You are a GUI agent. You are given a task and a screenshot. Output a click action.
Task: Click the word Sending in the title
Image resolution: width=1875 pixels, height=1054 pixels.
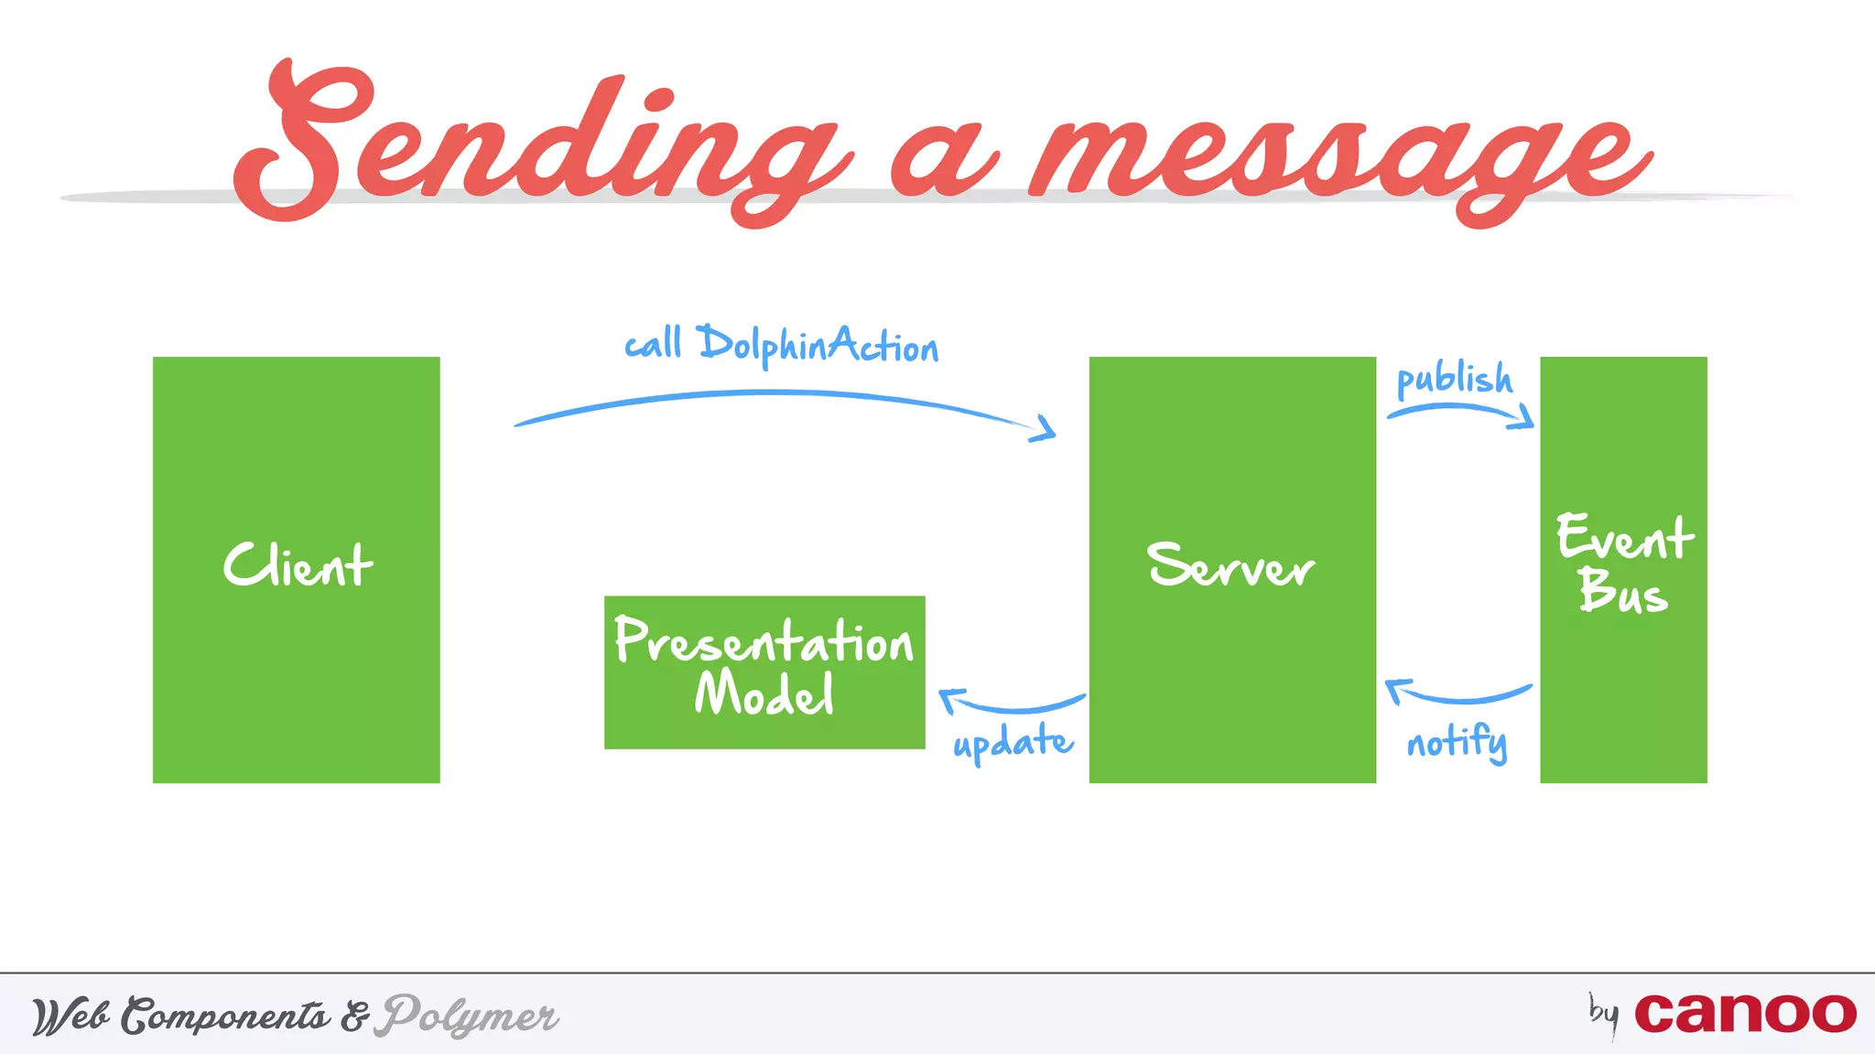540,146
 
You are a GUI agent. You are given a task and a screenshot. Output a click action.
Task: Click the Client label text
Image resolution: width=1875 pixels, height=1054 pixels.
298,565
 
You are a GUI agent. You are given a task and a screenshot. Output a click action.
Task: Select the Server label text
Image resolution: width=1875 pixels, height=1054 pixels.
1231,565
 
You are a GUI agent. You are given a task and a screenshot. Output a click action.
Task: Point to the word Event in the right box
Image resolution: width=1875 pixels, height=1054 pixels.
1624,538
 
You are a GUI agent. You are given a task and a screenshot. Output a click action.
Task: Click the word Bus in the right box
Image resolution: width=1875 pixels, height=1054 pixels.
1622,591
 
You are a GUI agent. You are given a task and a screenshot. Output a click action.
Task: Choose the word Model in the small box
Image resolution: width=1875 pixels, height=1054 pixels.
764,694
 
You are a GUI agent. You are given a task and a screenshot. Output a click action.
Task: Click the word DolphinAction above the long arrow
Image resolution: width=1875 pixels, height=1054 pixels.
818,346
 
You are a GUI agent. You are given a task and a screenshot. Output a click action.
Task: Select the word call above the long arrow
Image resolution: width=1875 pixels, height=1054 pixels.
653,345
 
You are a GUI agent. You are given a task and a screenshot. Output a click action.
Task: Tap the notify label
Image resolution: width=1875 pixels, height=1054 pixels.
1457,742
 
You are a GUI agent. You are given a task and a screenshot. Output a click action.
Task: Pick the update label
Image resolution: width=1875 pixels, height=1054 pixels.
1013,742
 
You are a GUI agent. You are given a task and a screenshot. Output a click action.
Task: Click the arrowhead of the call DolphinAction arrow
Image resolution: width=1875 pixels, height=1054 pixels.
1044,428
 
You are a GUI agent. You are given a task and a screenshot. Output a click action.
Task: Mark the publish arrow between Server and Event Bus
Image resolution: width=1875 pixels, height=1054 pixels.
1460,412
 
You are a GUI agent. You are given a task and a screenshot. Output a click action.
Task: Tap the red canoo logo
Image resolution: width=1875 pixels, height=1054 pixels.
1745,1014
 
